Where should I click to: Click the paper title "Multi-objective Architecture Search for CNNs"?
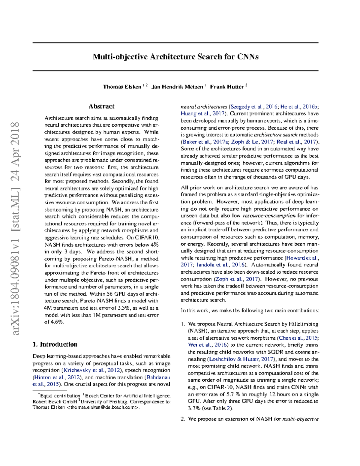(175, 57)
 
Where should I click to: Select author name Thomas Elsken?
(122, 87)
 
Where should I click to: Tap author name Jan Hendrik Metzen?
(177, 87)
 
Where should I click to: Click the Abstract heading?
(101, 107)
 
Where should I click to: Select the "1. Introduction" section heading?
(55, 344)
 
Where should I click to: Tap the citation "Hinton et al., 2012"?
(57, 377)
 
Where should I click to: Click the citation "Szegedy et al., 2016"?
(254, 107)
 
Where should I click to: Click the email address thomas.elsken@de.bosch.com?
(103, 407)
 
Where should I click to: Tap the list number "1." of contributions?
(183, 324)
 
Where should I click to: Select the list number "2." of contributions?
(183, 419)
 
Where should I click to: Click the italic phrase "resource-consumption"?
(269, 216)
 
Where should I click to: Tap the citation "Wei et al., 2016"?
(207, 345)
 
